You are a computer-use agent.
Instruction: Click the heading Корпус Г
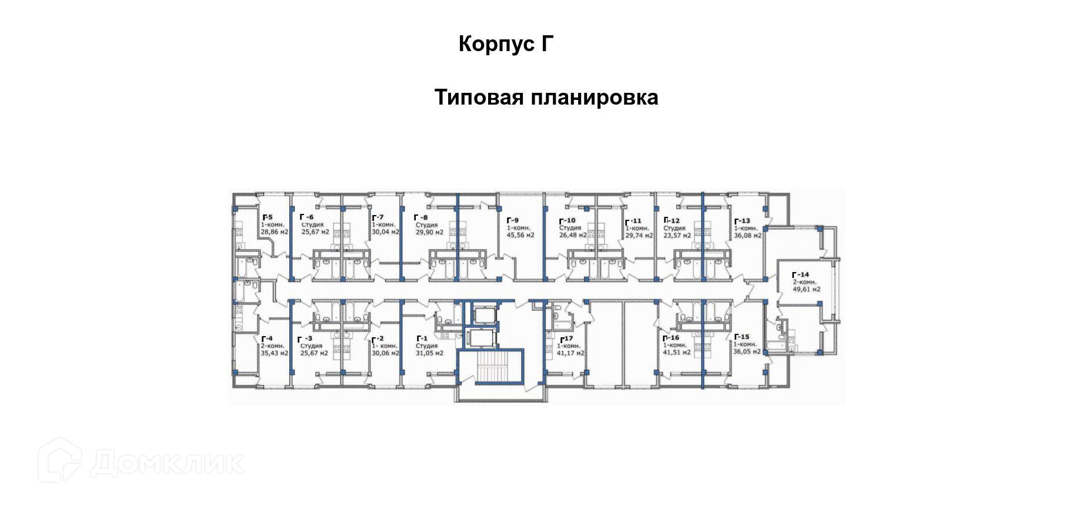coord(506,44)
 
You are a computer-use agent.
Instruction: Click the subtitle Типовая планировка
coord(546,97)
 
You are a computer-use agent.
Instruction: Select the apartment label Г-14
coord(800,274)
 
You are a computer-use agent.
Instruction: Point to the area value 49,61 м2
coord(806,289)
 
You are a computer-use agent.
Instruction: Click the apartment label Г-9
coord(512,220)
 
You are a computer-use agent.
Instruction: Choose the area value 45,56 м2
coord(520,235)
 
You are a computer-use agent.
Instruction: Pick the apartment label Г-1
coord(422,338)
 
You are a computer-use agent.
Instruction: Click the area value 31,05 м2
coord(429,353)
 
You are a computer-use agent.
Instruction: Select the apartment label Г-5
coord(267,217)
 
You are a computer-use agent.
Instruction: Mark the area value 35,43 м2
coord(275,353)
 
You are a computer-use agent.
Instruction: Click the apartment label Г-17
coord(566,339)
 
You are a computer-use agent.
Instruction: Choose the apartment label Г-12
coord(671,221)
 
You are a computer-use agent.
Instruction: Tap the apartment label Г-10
coord(566,221)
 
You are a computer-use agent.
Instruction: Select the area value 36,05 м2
coord(747,351)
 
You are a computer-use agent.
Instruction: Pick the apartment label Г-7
coord(378,217)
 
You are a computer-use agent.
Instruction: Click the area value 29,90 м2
coord(429,232)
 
